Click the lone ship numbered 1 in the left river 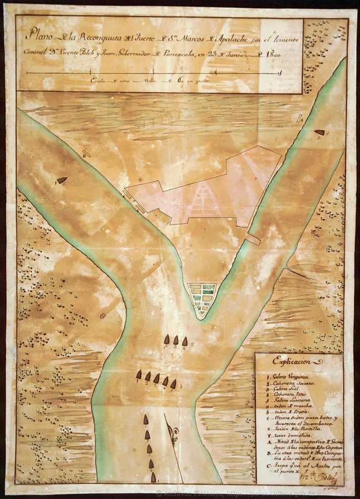click(x=61, y=181)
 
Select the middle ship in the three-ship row click(x=176, y=339)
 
